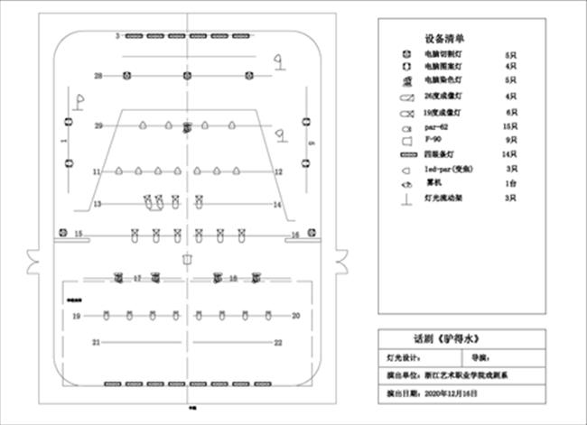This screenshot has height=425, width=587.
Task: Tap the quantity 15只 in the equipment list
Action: point(508,126)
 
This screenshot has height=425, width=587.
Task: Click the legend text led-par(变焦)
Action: point(445,169)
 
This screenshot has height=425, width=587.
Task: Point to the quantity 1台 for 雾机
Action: point(510,183)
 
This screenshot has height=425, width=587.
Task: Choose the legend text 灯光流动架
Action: point(442,197)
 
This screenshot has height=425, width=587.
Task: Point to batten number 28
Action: point(98,75)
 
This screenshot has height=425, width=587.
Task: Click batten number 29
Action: point(98,126)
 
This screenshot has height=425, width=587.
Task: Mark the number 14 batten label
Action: point(278,206)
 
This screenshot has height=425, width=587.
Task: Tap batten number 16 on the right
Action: point(294,236)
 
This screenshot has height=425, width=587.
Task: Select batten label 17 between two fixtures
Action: point(138,279)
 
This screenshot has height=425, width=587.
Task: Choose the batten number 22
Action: point(278,343)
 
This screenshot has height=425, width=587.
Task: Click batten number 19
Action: point(77,316)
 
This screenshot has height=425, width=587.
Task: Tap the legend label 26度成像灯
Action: point(443,97)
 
